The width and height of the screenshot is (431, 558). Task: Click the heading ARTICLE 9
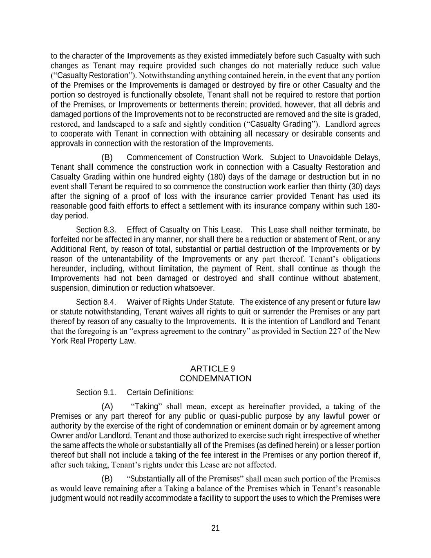coord(215,369)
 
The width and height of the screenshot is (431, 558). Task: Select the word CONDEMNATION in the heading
coord(215,379)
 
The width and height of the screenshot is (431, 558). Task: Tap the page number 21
coord(216,528)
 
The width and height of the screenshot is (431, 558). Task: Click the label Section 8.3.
coord(96,230)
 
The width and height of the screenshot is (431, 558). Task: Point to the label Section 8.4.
coord(96,302)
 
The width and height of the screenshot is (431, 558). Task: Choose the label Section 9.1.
coord(96,393)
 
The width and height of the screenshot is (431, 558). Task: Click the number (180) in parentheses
coord(216,177)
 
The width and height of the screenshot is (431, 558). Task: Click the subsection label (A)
coord(107,406)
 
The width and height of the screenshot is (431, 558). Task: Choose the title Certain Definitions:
coord(160,393)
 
